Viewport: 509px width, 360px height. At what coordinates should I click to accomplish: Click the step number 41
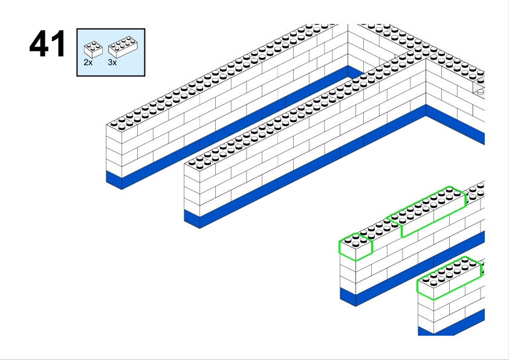[47, 43]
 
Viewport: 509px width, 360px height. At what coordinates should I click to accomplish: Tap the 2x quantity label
[88, 62]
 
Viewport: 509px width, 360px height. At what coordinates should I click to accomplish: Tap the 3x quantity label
[112, 62]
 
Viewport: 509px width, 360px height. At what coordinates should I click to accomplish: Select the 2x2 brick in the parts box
[93, 50]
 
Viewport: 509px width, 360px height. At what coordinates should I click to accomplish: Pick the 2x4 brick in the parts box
[123, 47]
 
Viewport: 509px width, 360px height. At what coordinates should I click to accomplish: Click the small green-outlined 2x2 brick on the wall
[355, 246]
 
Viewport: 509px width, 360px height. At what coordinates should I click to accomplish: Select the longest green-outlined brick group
[426, 211]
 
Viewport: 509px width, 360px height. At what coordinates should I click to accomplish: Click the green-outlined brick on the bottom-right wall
[449, 278]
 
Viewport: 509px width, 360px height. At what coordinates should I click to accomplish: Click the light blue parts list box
[111, 53]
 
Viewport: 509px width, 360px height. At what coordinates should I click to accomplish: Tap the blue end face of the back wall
[114, 181]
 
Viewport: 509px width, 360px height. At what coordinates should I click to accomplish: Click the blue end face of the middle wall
[192, 219]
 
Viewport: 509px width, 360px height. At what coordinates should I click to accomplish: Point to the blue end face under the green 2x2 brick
[348, 297]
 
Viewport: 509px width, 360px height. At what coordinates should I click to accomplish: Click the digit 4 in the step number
[40, 43]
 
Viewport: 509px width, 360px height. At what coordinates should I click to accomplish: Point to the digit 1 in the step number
[59, 43]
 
